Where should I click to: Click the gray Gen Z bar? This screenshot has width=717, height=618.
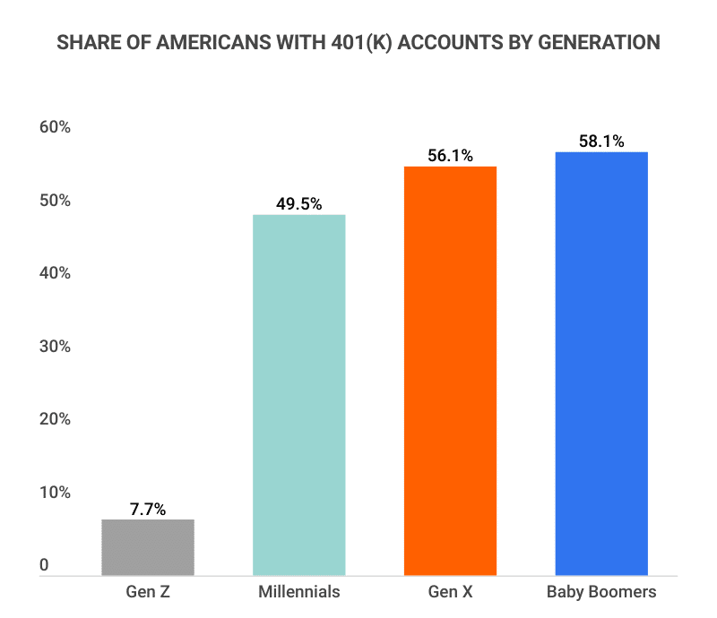pyautogui.click(x=148, y=547)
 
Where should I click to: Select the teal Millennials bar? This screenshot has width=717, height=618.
pyautogui.click(x=299, y=394)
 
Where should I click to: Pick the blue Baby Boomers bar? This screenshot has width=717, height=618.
pyautogui.click(x=601, y=363)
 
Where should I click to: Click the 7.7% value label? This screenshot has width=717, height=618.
pyautogui.click(x=148, y=509)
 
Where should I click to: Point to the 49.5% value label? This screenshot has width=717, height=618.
pyautogui.click(x=299, y=204)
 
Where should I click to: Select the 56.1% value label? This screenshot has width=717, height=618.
pyautogui.click(x=450, y=156)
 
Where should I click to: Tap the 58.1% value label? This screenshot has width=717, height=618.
pyautogui.click(x=601, y=142)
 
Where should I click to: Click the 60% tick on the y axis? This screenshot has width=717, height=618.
pyautogui.click(x=55, y=128)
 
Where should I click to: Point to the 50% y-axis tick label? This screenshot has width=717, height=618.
pyautogui.click(x=55, y=201)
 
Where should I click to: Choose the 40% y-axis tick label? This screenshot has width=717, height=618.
pyautogui.click(x=55, y=273)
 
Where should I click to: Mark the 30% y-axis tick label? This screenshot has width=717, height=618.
pyautogui.click(x=55, y=347)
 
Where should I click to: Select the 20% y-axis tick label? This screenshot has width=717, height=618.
pyautogui.click(x=55, y=419)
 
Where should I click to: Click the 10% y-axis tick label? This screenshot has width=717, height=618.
pyautogui.click(x=55, y=493)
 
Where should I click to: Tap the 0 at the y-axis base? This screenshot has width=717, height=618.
pyautogui.click(x=44, y=566)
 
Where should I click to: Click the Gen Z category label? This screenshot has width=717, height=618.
pyautogui.click(x=148, y=592)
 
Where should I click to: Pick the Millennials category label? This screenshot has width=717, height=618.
pyautogui.click(x=299, y=592)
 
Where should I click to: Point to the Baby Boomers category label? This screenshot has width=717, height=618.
pyautogui.click(x=601, y=592)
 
